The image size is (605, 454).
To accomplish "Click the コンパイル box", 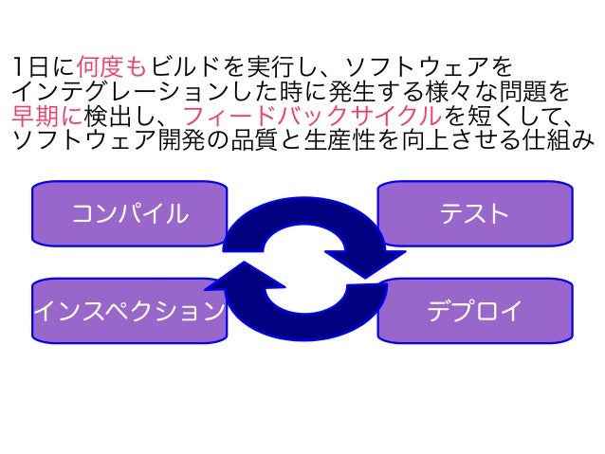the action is coord(130,213).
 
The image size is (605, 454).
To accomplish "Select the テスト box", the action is coord(474,213).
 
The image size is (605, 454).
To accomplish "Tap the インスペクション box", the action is coord(130,311).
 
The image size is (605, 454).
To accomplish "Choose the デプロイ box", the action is coord(474,311).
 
